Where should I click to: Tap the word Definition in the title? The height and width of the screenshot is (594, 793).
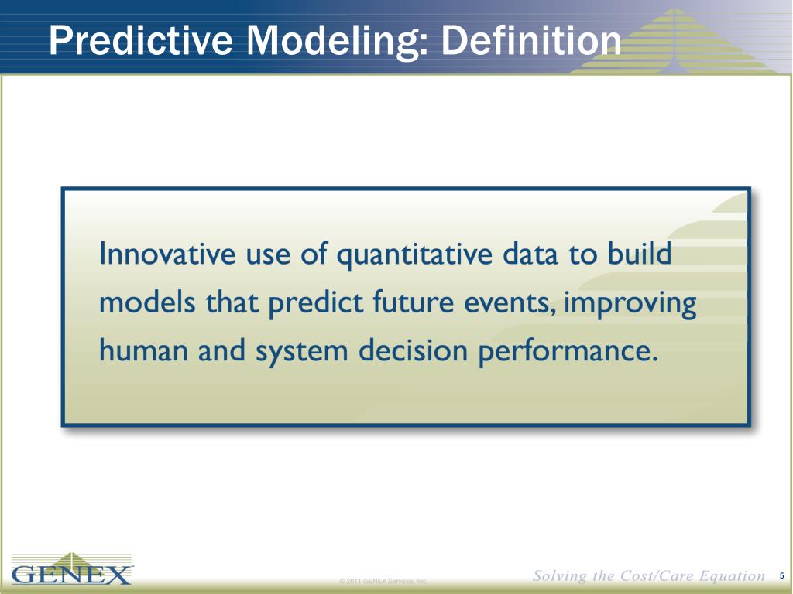[x=531, y=40]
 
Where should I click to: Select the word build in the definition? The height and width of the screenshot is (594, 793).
[x=639, y=253]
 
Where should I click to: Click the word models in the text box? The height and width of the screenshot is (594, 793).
[x=147, y=302]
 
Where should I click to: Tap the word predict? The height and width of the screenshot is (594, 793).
[x=315, y=303]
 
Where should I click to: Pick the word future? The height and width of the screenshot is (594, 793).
[x=414, y=302]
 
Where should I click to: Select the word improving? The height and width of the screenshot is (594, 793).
[x=630, y=303]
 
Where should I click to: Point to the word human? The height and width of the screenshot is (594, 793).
[x=143, y=350]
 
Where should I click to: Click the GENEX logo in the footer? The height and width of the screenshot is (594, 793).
[x=72, y=568]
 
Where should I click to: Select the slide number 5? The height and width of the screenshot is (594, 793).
[x=782, y=575]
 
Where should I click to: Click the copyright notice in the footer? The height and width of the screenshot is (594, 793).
[x=383, y=581]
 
